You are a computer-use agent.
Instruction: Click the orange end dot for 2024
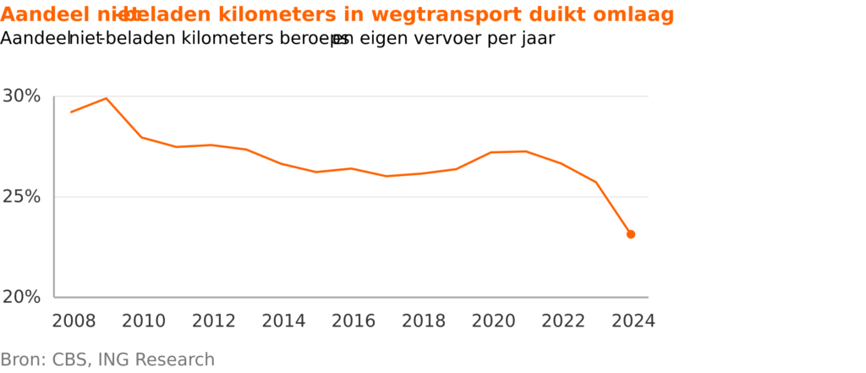(x=631, y=234)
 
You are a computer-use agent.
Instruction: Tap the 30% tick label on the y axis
(x=22, y=96)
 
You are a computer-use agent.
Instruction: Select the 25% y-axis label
(x=22, y=197)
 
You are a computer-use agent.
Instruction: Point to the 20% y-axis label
(x=22, y=297)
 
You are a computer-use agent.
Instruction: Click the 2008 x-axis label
(x=74, y=321)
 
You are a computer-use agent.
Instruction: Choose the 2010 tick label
(x=144, y=321)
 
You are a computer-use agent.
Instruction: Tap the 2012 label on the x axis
(x=213, y=321)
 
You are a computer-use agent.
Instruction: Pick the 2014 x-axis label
(x=283, y=321)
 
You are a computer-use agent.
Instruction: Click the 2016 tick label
(x=353, y=321)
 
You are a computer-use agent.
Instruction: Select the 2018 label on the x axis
(x=423, y=321)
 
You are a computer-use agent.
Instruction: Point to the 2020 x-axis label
(x=493, y=321)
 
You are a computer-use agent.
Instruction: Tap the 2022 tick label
(x=562, y=321)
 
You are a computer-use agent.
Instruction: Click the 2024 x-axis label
(x=633, y=321)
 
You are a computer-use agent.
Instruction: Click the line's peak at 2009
(x=106, y=98)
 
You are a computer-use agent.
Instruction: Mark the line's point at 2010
(x=141, y=137)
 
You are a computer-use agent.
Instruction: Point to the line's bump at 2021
(x=526, y=151)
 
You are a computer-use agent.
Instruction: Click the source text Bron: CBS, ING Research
(x=107, y=359)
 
